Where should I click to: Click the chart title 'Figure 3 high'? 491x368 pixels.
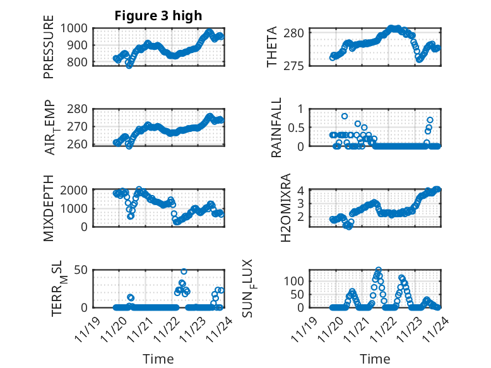[158, 16]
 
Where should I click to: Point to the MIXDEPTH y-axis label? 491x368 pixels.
[49, 209]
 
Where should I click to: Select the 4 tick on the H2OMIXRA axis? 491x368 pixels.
[302, 190]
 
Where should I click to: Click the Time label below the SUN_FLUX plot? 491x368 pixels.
[374, 359]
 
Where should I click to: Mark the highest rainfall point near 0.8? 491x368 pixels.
[345, 116]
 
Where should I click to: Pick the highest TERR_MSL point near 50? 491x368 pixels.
[184, 272]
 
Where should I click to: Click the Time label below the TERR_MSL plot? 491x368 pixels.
[158, 359]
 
